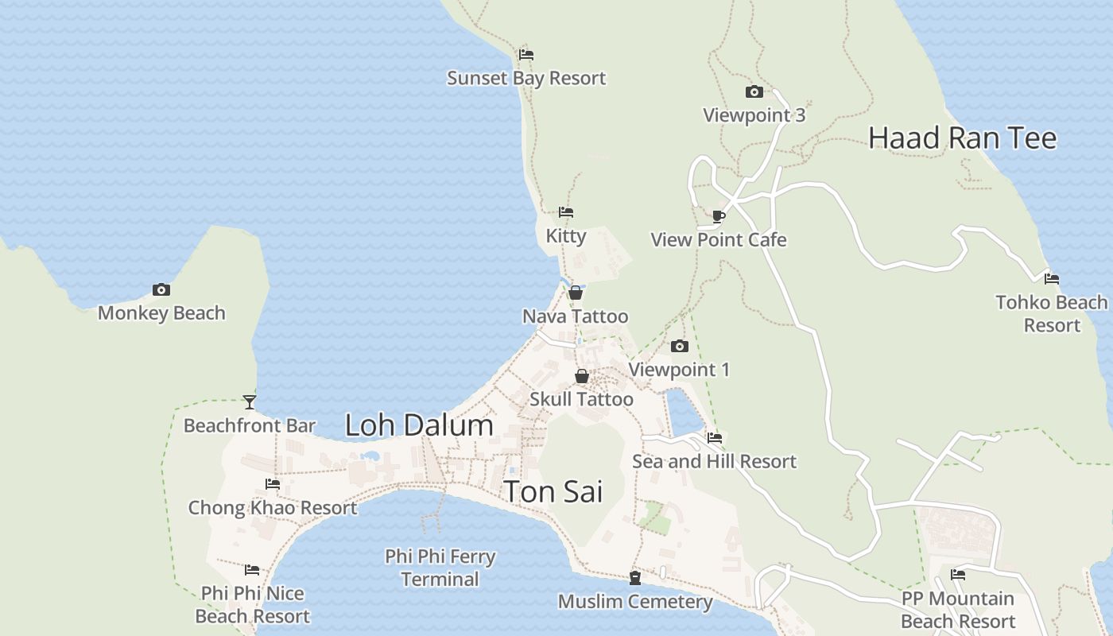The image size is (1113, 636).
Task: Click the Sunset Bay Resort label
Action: [526, 78]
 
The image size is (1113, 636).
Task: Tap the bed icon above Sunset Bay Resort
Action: [525, 55]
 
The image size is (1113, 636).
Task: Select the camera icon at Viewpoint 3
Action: [754, 92]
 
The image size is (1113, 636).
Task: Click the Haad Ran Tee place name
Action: [962, 138]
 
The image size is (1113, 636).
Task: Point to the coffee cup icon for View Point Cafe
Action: [718, 216]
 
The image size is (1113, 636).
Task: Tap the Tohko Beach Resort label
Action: [1051, 313]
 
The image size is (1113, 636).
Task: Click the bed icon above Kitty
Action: [566, 212]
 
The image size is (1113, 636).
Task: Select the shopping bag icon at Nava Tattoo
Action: [575, 293]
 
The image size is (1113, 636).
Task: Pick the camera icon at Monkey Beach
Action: [161, 290]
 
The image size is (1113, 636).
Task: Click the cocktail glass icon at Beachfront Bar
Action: [250, 402]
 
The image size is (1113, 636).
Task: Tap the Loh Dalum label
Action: [419, 425]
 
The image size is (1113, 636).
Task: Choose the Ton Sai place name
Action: [553, 491]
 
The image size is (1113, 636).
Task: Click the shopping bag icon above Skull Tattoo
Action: [582, 376]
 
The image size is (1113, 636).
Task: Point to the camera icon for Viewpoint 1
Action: [679, 347]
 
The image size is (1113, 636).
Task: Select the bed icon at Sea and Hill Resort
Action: [714, 438]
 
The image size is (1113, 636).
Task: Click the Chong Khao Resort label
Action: [272, 507]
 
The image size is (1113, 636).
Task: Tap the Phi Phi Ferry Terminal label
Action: [440, 568]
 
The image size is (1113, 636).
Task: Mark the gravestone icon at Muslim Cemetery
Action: [634, 578]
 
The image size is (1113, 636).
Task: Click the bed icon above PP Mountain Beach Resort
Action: [957, 575]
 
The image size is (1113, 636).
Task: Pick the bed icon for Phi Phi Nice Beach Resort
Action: [252, 570]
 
